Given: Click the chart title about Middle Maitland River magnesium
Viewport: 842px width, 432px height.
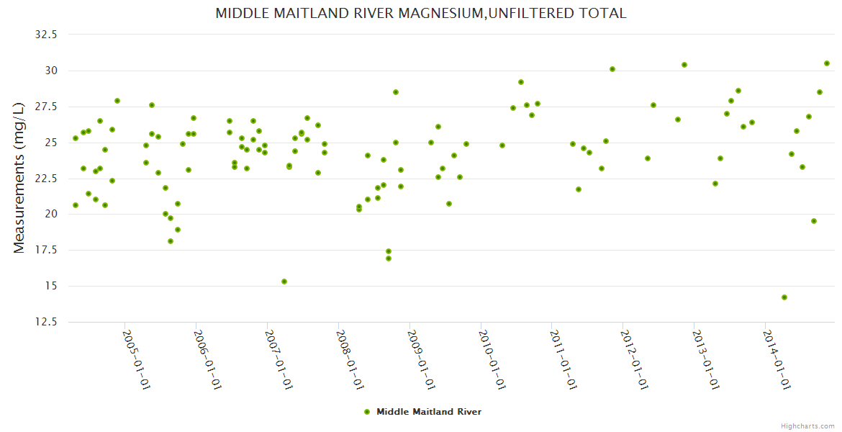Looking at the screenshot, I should (x=421, y=14).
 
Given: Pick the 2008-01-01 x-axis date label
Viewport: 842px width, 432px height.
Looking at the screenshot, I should (x=349, y=359).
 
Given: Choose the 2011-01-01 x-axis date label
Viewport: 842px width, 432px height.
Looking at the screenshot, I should (x=563, y=359).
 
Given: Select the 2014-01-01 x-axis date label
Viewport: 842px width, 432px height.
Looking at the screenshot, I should (x=777, y=359).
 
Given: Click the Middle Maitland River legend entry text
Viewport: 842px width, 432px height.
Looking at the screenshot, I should (x=429, y=412).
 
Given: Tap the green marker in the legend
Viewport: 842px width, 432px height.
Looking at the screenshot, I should (x=367, y=412).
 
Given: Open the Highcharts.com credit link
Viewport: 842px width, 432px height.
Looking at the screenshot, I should (x=807, y=426).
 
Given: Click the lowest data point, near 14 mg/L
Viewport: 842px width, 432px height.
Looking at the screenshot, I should (x=784, y=297).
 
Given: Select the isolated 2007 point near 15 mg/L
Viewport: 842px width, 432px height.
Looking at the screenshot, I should (x=284, y=282).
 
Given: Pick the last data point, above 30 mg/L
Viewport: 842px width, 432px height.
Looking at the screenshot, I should (x=827, y=63).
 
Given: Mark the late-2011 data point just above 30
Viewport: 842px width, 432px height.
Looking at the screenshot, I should (x=612, y=69).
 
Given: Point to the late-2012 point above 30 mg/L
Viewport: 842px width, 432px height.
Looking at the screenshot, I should (x=684, y=65).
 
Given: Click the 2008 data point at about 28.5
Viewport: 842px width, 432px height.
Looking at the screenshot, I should (x=396, y=92).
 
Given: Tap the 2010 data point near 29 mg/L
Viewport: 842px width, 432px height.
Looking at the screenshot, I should (x=521, y=82).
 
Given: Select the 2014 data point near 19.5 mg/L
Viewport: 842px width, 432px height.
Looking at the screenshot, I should (x=814, y=221).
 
